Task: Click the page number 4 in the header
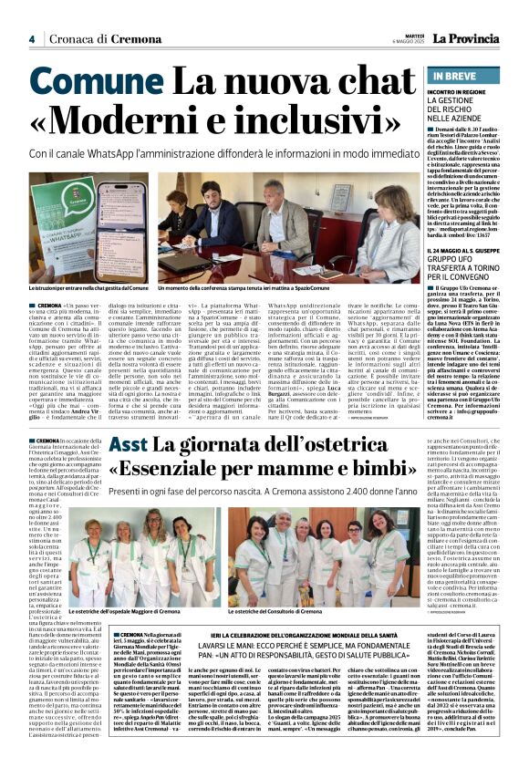tap(32, 39)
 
